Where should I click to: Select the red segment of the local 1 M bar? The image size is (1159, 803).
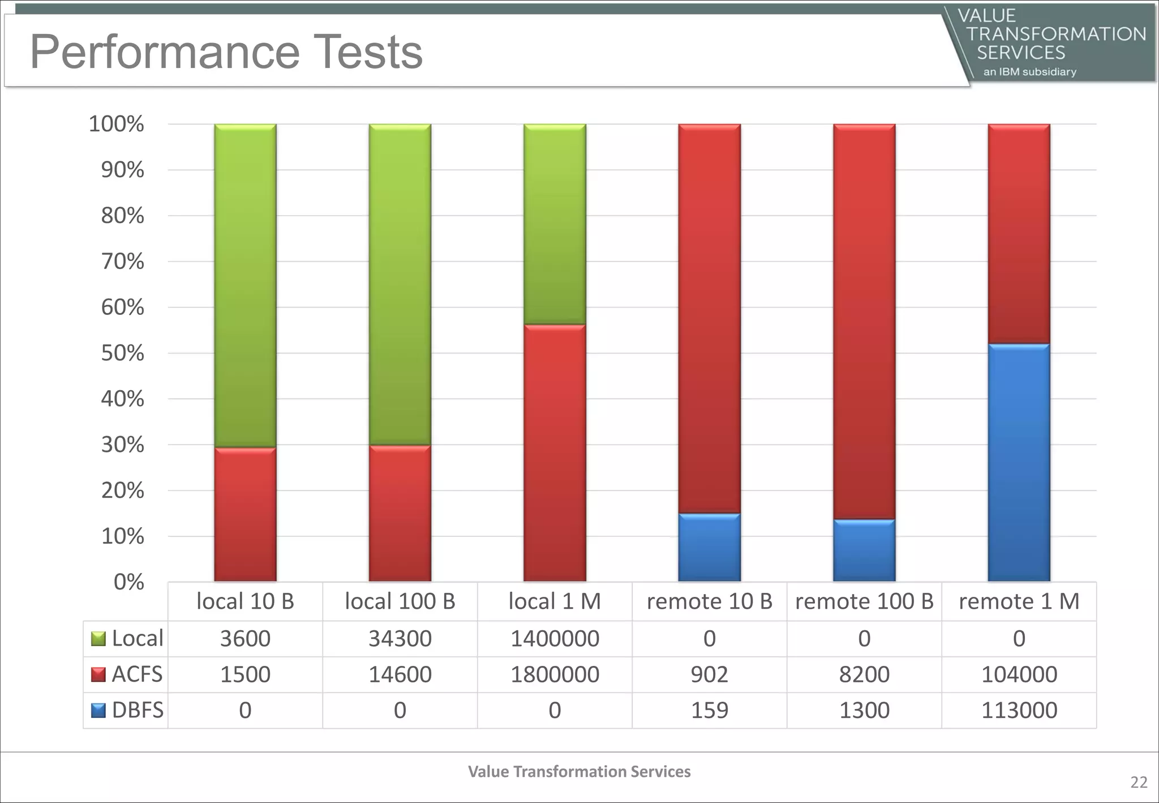click(555, 453)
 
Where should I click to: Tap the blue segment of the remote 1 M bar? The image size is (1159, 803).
click(1019, 463)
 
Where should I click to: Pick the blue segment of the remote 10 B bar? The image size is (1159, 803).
click(709, 548)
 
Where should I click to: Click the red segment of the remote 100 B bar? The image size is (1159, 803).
click(864, 321)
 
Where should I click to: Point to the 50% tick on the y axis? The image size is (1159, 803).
click(122, 353)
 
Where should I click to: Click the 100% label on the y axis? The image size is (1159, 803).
click(116, 124)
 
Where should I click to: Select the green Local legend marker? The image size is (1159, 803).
click(98, 639)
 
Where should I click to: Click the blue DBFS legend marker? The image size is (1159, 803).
click(98, 710)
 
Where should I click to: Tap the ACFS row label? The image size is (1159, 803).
click(137, 674)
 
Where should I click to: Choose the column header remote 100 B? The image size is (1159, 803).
click(864, 601)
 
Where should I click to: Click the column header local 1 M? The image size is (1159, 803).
click(555, 601)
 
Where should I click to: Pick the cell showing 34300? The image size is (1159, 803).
click(400, 639)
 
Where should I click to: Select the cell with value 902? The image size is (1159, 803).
click(709, 674)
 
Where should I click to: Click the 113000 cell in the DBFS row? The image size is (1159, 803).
click(1019, 710)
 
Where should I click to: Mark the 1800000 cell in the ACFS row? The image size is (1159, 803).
click(555, 674)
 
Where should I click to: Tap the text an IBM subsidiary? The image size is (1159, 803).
click(1029, 72)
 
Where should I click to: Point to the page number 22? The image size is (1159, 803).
click(1139, 782)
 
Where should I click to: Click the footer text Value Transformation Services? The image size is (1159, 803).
click(579, 771)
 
